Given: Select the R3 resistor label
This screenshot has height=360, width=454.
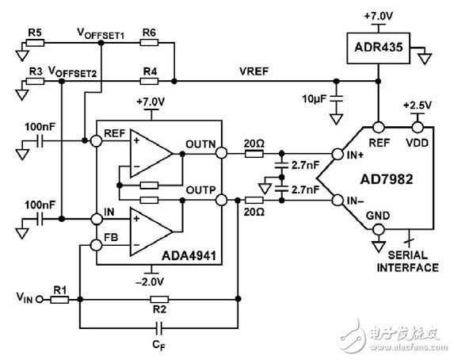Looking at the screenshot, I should coord(34,71).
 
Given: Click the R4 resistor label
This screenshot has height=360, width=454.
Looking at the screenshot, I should coord(147,71).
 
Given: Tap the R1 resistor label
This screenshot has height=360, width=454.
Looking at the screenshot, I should coord(58,289).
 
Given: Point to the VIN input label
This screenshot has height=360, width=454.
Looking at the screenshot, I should coord(24,300).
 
